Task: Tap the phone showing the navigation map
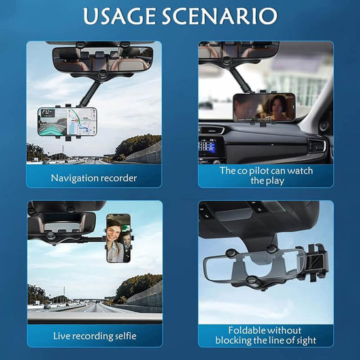[x=68, y=122]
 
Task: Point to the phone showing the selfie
[x=118, y=238]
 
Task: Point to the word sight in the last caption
[x=304, y=341]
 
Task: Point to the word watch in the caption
[x=299, y=171]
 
